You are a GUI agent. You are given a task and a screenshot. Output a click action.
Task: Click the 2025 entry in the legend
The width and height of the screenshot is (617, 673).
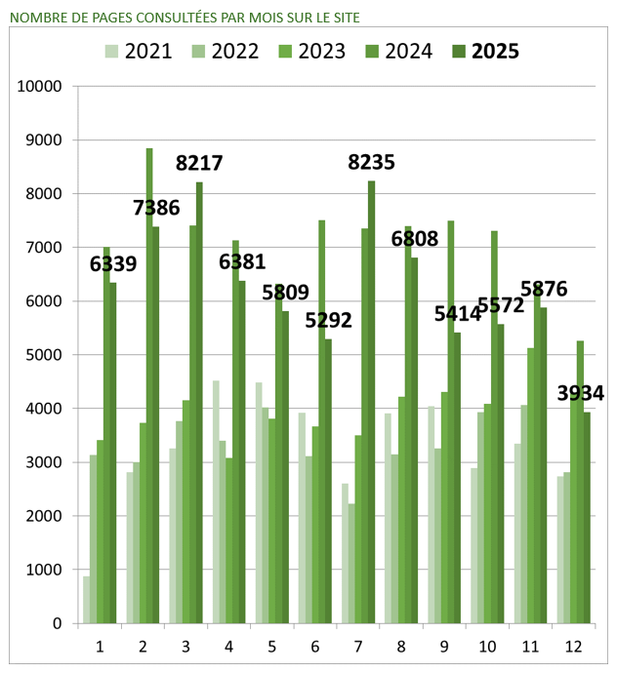(494, 52)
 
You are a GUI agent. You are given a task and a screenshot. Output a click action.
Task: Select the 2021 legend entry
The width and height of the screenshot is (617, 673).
(147, 52)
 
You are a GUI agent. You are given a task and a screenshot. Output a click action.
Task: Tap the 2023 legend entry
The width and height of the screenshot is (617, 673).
(320, 52)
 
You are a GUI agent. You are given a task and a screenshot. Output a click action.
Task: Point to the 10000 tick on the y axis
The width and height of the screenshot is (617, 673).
(40, 87)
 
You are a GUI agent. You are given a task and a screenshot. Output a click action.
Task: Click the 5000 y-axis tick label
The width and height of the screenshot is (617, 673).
(44, 355)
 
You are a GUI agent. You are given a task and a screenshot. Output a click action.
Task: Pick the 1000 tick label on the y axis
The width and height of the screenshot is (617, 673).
(44, 570)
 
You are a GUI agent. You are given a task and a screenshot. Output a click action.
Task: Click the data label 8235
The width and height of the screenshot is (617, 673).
(371, 163)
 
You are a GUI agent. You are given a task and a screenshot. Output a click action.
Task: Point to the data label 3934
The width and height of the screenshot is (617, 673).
(580, 393)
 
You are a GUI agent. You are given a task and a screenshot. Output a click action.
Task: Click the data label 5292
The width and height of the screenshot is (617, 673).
(328, 320)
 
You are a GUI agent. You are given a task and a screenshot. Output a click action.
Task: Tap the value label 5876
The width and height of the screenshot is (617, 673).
(543, 289)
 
